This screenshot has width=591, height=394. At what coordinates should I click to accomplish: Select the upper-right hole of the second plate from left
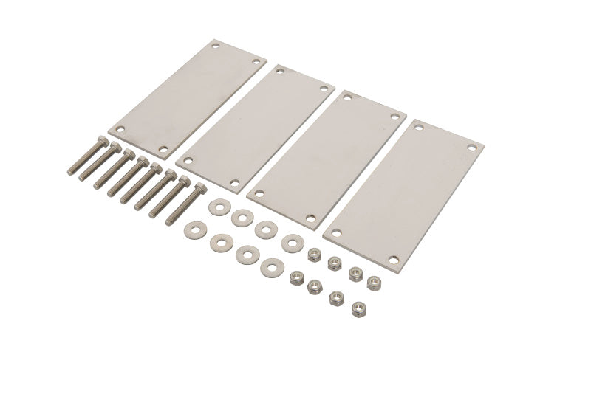point(323,89)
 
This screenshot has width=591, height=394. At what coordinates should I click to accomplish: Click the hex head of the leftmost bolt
point(102,141)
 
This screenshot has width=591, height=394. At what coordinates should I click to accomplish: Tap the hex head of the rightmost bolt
point(198,187)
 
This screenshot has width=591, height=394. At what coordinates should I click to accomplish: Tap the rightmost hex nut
point(374,281)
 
